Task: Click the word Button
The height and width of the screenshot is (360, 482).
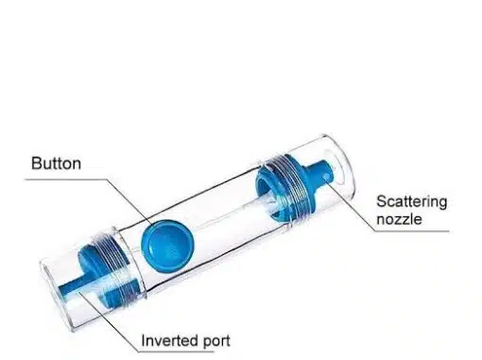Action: coord(56,163)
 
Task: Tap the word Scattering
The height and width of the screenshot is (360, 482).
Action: coord(412,202)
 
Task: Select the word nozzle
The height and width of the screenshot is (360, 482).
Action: coord(399,219)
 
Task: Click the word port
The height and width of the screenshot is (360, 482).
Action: coord(216,341)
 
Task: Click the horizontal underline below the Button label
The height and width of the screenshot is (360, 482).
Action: coord(65,180)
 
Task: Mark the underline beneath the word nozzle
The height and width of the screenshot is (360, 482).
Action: coord(412,231)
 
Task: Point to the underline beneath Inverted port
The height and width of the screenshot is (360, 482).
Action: coord(177,351)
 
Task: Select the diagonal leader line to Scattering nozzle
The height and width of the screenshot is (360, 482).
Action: coord(352,207)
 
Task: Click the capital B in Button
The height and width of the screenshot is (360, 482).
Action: coord(36,163)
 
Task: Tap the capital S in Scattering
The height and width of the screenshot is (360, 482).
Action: coord(382,202)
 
